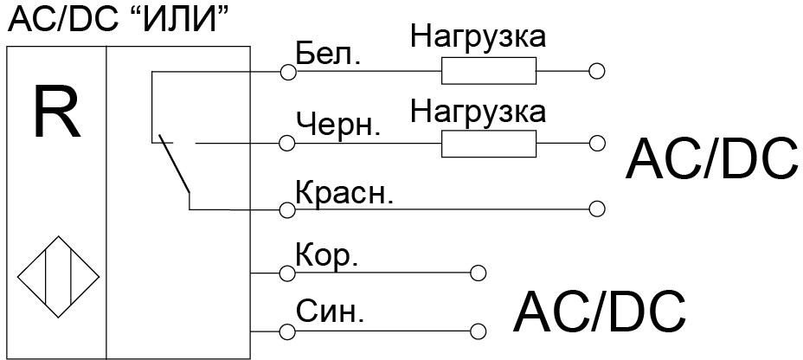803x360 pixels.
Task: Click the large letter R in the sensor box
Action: (x=56, y=113)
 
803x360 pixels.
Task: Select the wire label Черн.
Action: (x=338, y=123)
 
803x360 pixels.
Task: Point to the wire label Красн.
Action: (x=344, y=191)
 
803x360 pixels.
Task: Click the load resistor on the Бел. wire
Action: (x=488, y=71)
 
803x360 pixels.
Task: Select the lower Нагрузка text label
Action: (x=479, y=111)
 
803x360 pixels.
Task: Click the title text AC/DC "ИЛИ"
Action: (x=120, y=19)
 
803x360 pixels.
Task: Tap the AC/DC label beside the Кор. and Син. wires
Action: (x=600, y=312)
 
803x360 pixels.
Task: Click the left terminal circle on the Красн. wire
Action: (x=288, y=209)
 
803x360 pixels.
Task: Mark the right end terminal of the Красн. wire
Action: (x=596, y=209)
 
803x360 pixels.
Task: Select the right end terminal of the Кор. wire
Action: (x=478, y=273)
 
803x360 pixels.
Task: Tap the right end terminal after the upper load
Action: (x=596, y=72)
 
